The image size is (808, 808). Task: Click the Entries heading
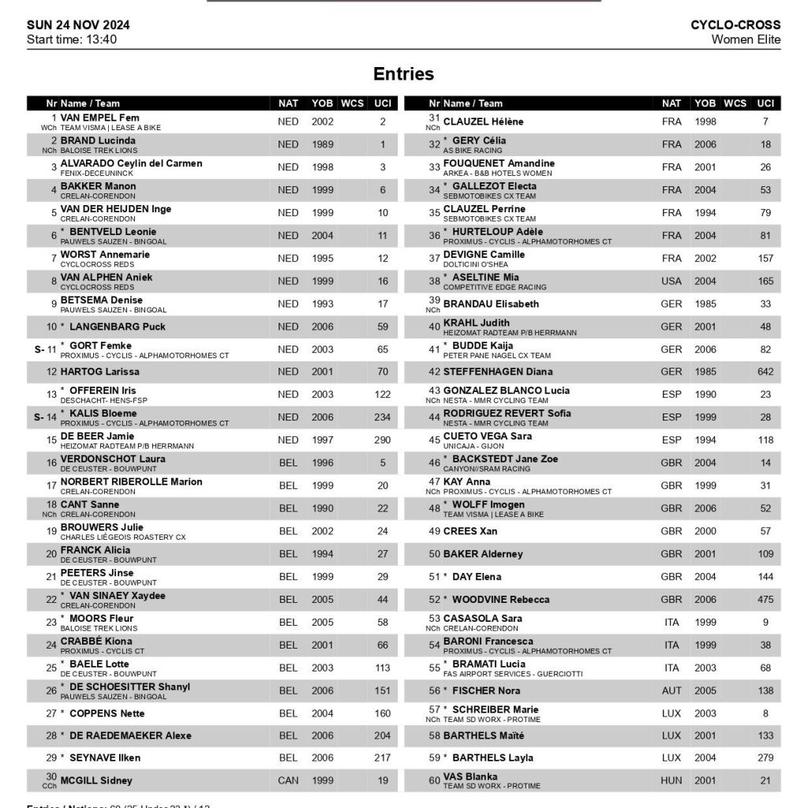click(403, 73)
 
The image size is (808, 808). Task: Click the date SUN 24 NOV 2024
click(78, 24)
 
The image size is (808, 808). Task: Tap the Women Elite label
click(745, 39)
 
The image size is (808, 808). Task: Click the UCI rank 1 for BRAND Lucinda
click(383, 144)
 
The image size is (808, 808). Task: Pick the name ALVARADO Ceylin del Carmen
click(132, 163)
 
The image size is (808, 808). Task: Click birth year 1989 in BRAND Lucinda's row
click(322, 144)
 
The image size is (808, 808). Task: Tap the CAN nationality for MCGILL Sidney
click(288, 780)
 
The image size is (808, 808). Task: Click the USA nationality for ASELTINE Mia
click(671, 281)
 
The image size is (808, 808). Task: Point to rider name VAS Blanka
click(470, 776)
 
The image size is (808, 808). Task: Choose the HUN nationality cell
click(671, 780)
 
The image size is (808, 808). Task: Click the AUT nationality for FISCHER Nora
click(671, 690)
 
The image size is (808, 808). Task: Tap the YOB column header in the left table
click(322, 103)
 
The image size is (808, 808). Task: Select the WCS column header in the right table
click(735, 103)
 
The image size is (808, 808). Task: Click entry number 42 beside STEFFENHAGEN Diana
click(434, 372)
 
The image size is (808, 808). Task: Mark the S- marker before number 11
click(39, 348)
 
